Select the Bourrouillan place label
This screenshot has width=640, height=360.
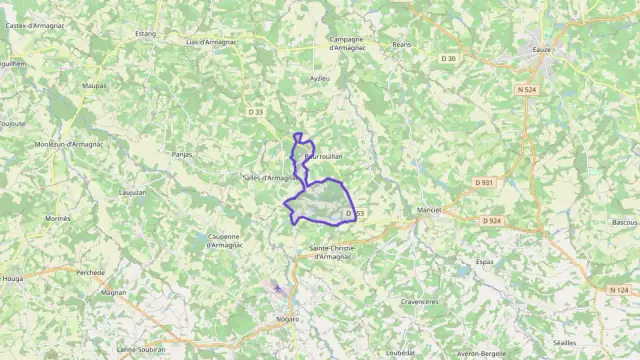pos(324,158)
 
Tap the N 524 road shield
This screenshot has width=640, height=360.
pos(527,91)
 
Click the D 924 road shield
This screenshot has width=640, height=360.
pos(491,221)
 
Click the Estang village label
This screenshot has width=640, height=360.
pos(146,33)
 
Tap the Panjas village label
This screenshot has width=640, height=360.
pos(181,155)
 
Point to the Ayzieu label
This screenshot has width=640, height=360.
pos(319,77)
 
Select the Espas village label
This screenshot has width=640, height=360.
pos(485,261)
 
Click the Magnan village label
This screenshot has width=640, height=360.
pos(113,293)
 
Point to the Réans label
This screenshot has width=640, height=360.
pos(402,44)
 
